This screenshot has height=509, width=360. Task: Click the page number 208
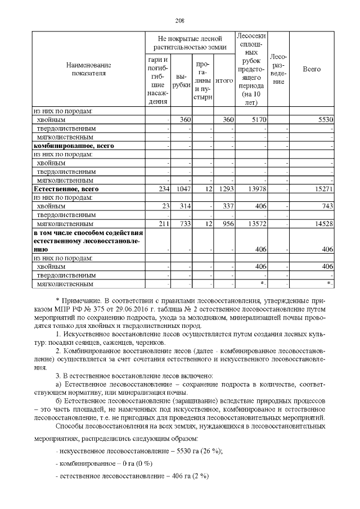[180, 21]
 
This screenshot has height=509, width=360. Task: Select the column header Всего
[312, 69]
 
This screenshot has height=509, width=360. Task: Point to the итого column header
[224, 81]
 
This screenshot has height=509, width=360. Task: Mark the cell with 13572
[248, 224]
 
